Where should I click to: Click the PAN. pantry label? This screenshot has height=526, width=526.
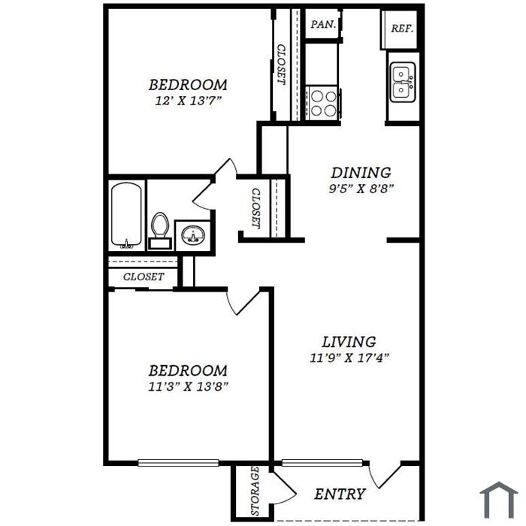coord(323,25)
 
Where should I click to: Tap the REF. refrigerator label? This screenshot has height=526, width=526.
coord(402,29)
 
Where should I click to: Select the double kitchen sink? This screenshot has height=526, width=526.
coord(403,81)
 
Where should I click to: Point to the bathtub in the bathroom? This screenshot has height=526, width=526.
coord(126,216)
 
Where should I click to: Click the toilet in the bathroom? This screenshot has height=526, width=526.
coord(160,231)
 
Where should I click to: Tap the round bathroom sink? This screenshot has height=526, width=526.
coord(192,234)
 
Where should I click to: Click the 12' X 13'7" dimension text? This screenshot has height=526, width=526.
coord(189,101)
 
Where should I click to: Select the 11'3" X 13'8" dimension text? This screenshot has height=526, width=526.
coord(188,386)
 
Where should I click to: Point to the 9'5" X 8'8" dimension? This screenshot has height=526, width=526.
coord(361,189)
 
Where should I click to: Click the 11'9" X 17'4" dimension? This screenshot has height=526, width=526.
coord(349,358)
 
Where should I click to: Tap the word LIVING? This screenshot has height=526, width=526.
coord(349,342)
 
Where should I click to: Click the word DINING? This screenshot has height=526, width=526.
coord(361,173)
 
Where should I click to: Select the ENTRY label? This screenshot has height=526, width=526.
coord(340,494)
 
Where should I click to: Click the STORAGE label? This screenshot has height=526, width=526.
coord(255,491)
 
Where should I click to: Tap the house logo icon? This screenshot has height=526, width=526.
coord(499,500)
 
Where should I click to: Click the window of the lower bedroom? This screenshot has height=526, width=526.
coord(179,463)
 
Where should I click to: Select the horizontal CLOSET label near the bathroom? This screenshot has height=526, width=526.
coord(144,277)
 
